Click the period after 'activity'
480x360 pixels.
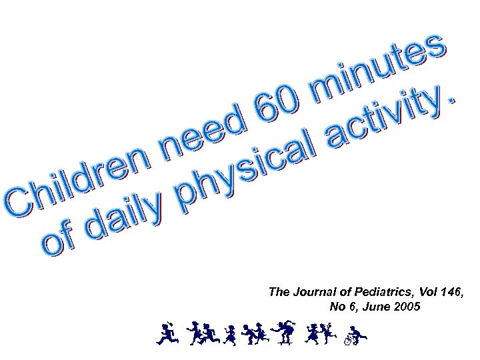[454, 99]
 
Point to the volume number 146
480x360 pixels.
[446, 292]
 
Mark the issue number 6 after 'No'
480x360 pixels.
[351, 307]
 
